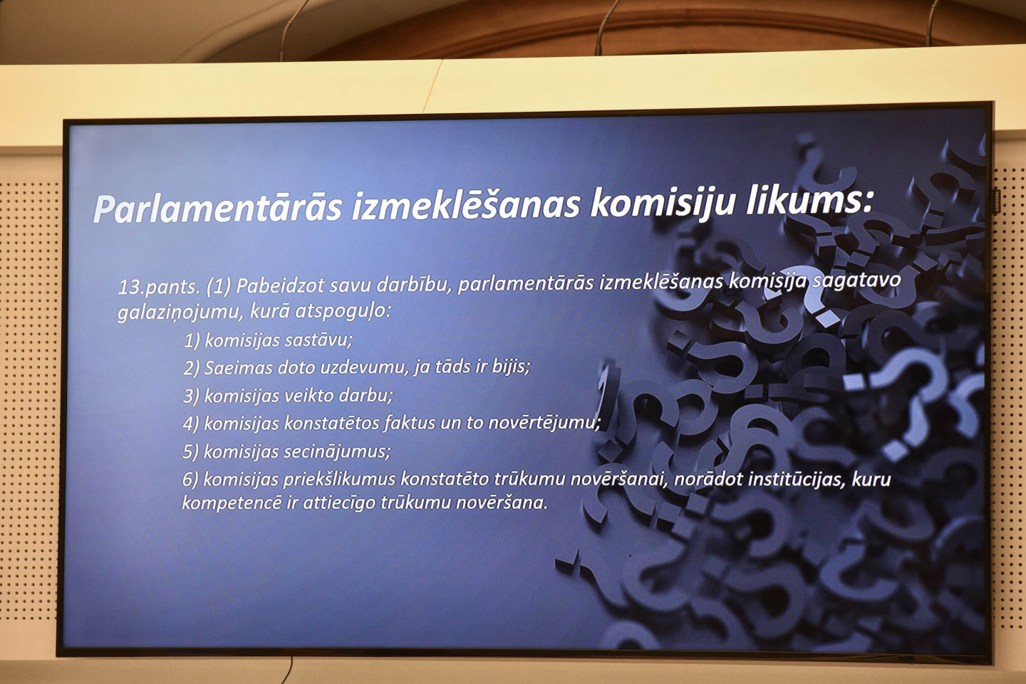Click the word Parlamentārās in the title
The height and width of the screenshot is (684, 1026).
pos(218,208)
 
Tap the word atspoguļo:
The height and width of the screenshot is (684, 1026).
pos(343,311)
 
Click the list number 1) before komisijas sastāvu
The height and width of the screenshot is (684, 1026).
pos(192,341)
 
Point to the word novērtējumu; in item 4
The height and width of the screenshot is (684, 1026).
pos(544,422)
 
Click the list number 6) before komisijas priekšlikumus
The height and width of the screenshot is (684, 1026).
pos(190,480)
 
